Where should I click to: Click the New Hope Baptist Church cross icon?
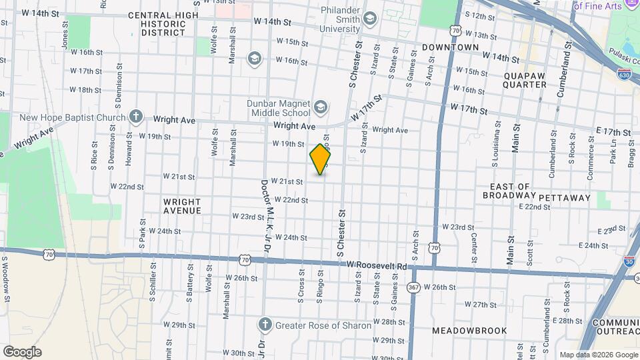[x=136, y=117]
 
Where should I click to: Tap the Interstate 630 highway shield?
[x=624, y=75]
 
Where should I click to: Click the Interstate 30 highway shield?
[x=629, y=262]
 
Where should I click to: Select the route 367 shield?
[x=413, y=287]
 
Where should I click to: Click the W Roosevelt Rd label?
[x=377, y=265]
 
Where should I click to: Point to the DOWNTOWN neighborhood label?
[x=450, y=47]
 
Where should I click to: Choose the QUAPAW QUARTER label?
[x=525, y=80]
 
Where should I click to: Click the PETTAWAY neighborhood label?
[x=565, y=197]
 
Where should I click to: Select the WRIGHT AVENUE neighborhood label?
[x=182, y=206]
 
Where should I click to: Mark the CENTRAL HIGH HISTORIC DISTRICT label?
[x=163, y=23]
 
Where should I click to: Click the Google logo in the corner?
[x=22, y=352]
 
